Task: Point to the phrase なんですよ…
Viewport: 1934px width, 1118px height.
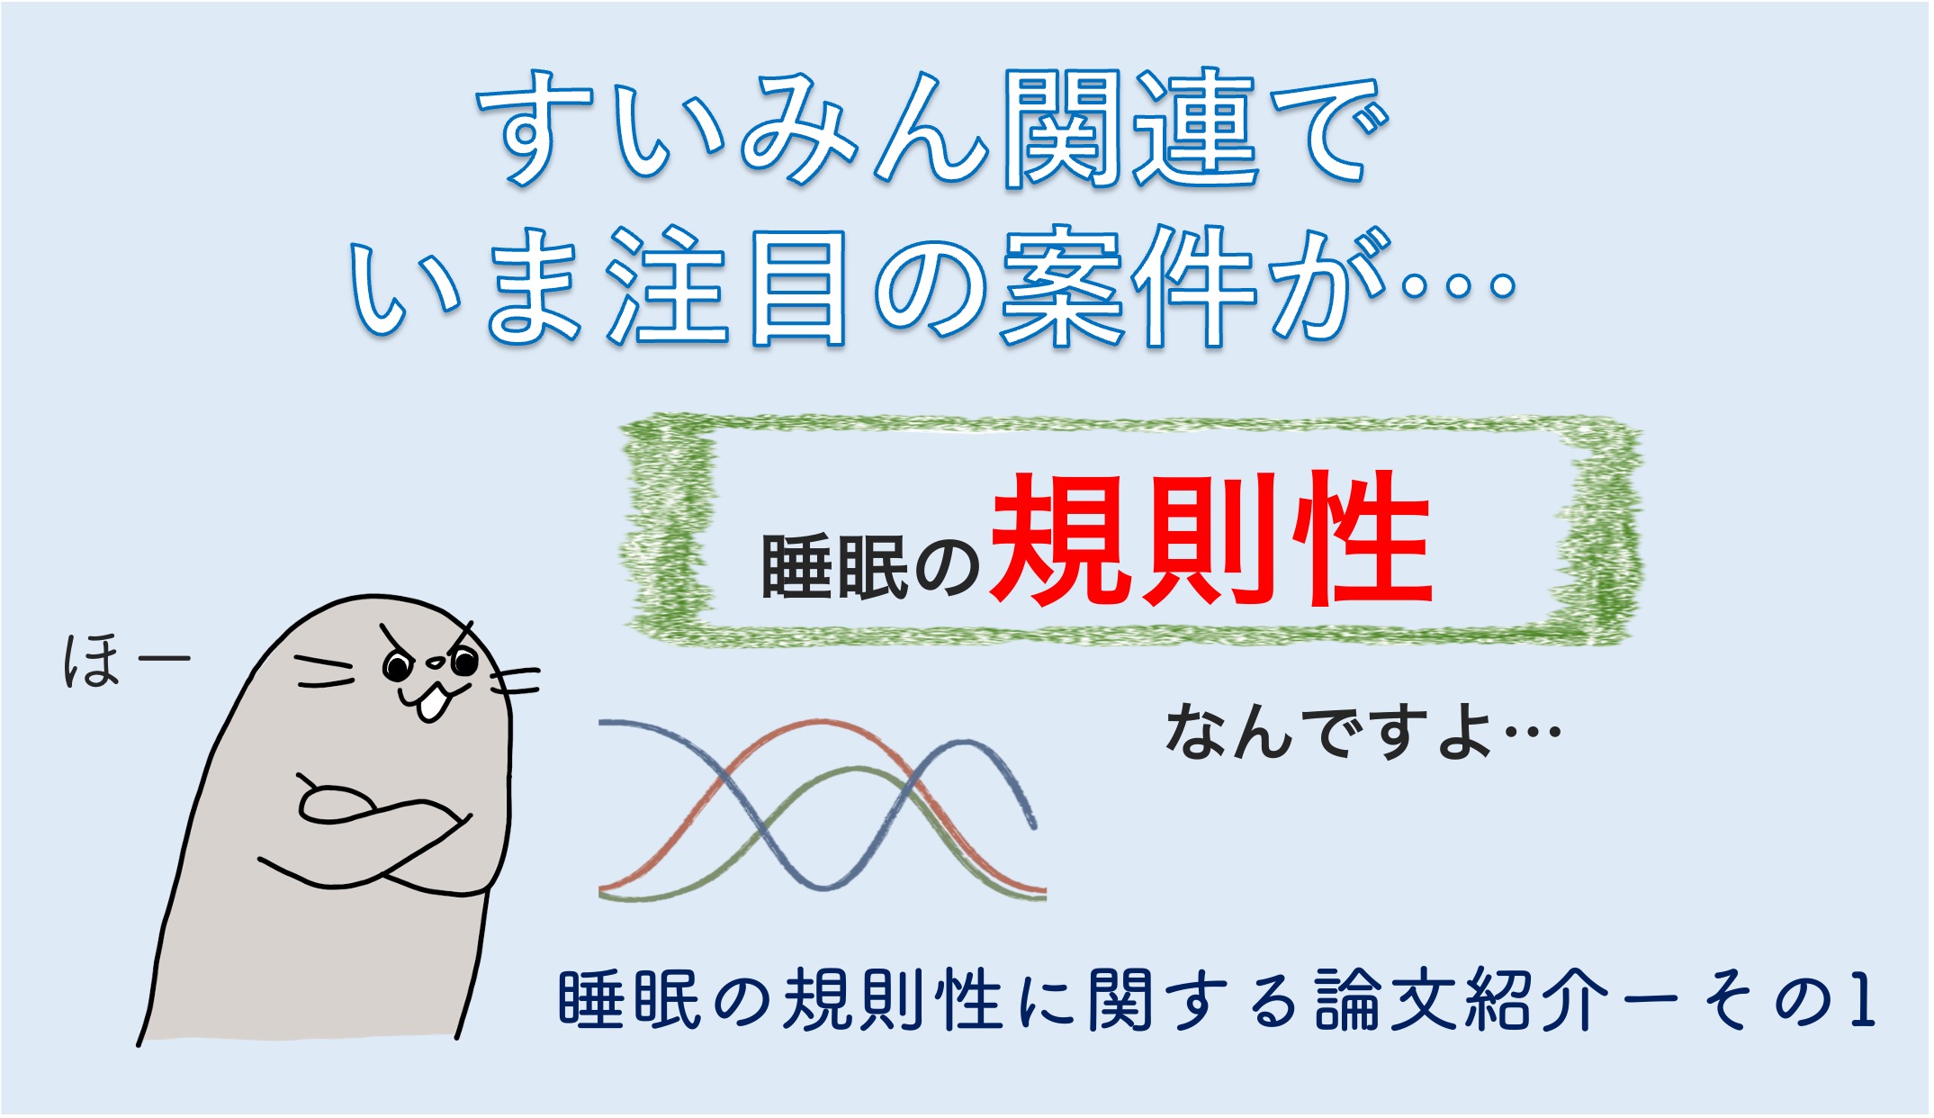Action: point(1363,732)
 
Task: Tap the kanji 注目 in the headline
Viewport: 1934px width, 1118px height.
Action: point(726,286)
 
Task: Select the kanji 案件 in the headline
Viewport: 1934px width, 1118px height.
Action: point(1128,285)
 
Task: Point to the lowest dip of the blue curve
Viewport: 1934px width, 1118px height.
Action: point(821,888)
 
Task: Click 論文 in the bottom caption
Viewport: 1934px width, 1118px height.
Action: point(1387,1000)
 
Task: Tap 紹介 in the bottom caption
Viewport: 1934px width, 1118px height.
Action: point(1535,1000)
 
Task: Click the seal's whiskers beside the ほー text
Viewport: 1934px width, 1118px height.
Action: point(325,672)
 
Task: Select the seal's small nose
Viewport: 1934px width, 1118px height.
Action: point(435,663)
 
